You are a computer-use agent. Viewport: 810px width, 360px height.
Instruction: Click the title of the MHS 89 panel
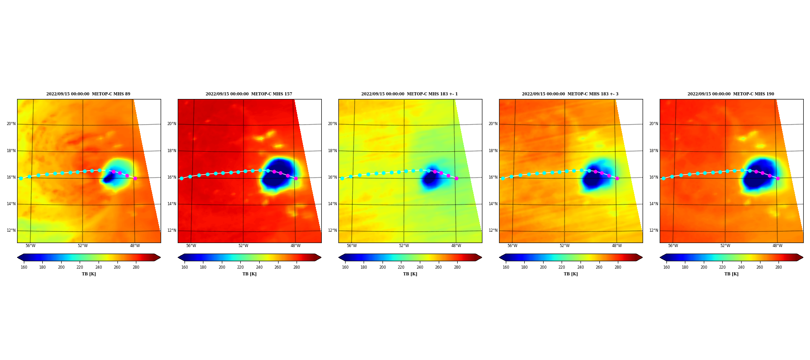(x=88, y=94)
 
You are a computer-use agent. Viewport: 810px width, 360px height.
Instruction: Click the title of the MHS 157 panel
(x=249, y=94)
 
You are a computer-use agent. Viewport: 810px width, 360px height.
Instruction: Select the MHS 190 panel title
(x=731, y=94)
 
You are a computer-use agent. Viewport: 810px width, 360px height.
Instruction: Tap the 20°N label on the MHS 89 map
(x=11, y=124)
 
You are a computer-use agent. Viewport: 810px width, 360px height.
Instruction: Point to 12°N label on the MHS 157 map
(x=171, y=230)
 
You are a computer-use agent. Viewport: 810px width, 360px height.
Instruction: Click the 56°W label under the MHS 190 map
(x=673, y=246)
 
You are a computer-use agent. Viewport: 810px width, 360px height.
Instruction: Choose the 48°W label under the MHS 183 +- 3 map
(x=617, y=246)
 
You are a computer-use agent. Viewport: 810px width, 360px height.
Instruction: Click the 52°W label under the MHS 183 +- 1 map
(x=404, y=246)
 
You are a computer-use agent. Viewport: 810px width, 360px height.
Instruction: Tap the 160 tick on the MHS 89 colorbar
(x=24, y=267)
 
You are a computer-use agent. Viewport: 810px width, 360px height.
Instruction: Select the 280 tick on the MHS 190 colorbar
(x=778, y=267)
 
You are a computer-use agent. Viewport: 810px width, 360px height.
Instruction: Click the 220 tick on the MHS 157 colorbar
(x=240, y=267)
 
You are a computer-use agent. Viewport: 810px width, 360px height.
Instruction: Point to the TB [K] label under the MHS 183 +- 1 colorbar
(x=410, y=274)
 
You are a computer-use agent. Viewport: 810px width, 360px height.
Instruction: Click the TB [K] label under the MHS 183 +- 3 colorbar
(x=571, y=274)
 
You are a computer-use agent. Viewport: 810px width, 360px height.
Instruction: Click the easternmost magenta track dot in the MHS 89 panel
(x=135, y=178)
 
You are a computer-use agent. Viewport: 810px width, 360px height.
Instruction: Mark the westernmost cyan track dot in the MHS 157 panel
(x=181, y=178)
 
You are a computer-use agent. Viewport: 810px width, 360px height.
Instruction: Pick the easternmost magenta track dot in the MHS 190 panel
(x=778, y=178)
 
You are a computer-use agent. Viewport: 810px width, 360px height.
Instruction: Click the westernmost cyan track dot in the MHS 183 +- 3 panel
(x=503, y=178)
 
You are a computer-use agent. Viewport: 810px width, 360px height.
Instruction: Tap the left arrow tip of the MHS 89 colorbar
(x=18, y=257)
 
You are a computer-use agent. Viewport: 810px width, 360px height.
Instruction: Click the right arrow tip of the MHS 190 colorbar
(x=803, y=257)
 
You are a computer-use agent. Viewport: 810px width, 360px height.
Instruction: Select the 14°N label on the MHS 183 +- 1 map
(x=332, y=204)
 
